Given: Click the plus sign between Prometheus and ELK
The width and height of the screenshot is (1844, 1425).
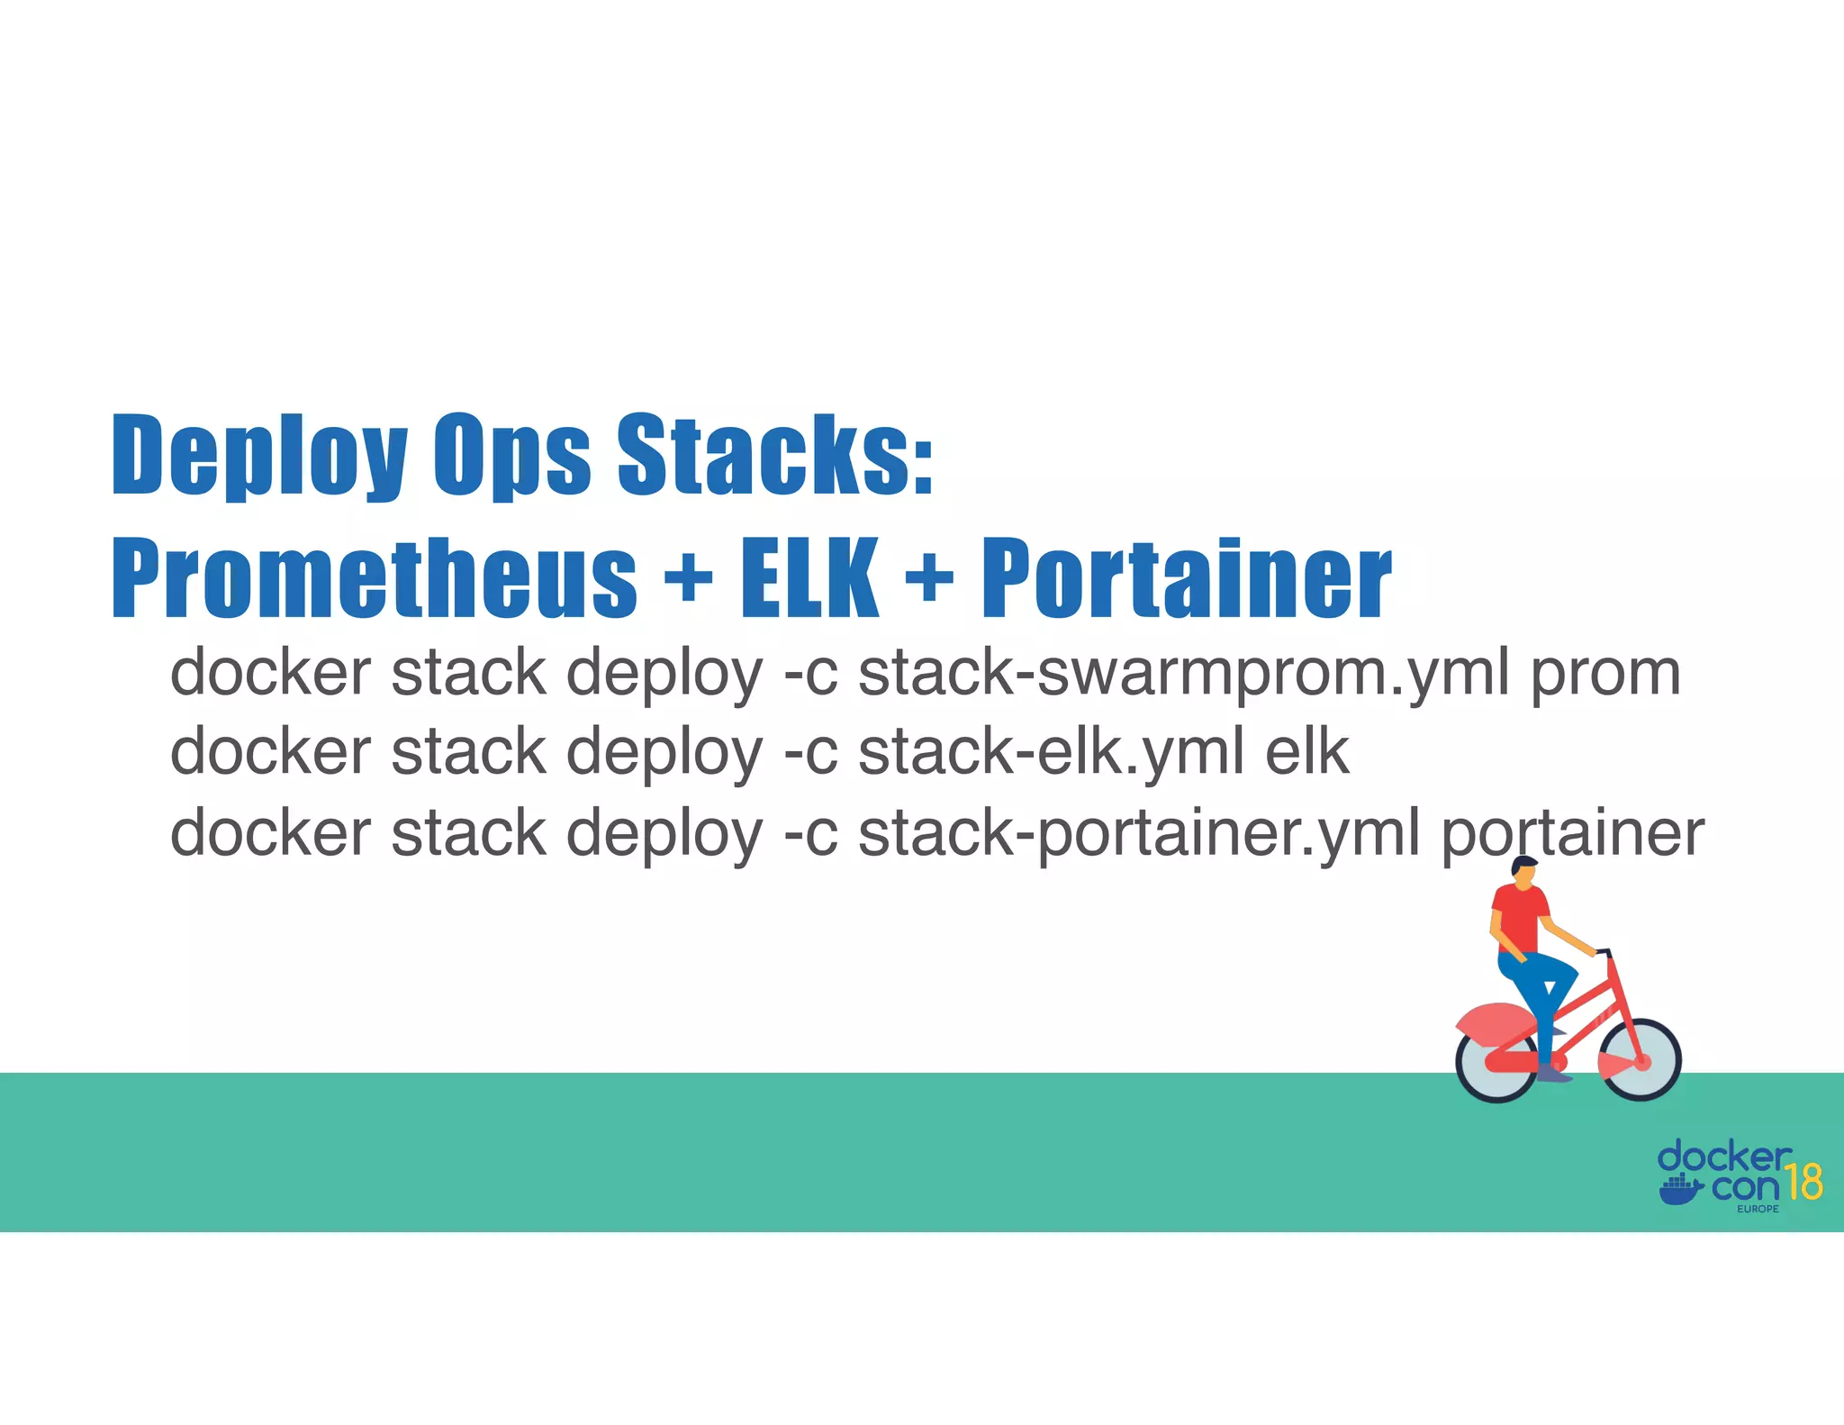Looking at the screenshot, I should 689,577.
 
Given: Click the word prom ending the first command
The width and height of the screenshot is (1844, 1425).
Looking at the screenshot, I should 1605,674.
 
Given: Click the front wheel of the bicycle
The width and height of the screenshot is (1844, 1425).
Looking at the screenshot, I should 1640,1060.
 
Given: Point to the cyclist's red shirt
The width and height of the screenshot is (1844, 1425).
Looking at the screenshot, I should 1520,915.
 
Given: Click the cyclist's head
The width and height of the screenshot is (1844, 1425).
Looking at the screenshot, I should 1523,871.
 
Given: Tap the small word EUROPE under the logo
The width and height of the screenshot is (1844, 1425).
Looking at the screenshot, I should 1758,1209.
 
